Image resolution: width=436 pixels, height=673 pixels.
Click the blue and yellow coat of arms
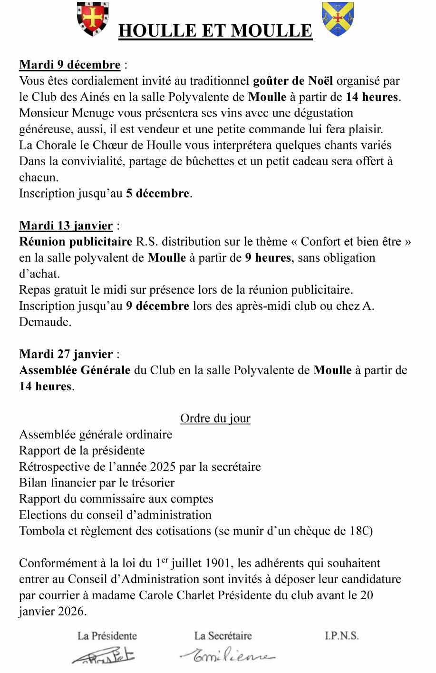tap(338, 19)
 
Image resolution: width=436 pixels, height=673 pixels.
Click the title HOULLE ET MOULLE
tap(215, 31)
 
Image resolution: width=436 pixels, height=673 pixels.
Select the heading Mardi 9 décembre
tap(69, 65)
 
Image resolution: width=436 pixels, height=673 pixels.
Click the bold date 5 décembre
tap(157, 194)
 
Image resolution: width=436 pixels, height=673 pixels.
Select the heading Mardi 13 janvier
tap(66, 226)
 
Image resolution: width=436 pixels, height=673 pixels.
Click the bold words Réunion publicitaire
tap(76, 242)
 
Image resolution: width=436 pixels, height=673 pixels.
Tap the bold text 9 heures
tap(268, 258)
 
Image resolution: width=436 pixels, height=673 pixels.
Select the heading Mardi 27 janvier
tap(66, 354)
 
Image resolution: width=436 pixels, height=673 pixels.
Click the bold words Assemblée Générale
tap(75, 370)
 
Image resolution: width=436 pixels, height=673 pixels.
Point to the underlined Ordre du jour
tap(215, 418)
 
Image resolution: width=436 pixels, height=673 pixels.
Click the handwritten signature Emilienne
tap(227, 656)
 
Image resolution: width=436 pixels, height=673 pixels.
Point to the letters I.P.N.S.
tap(341, 636)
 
